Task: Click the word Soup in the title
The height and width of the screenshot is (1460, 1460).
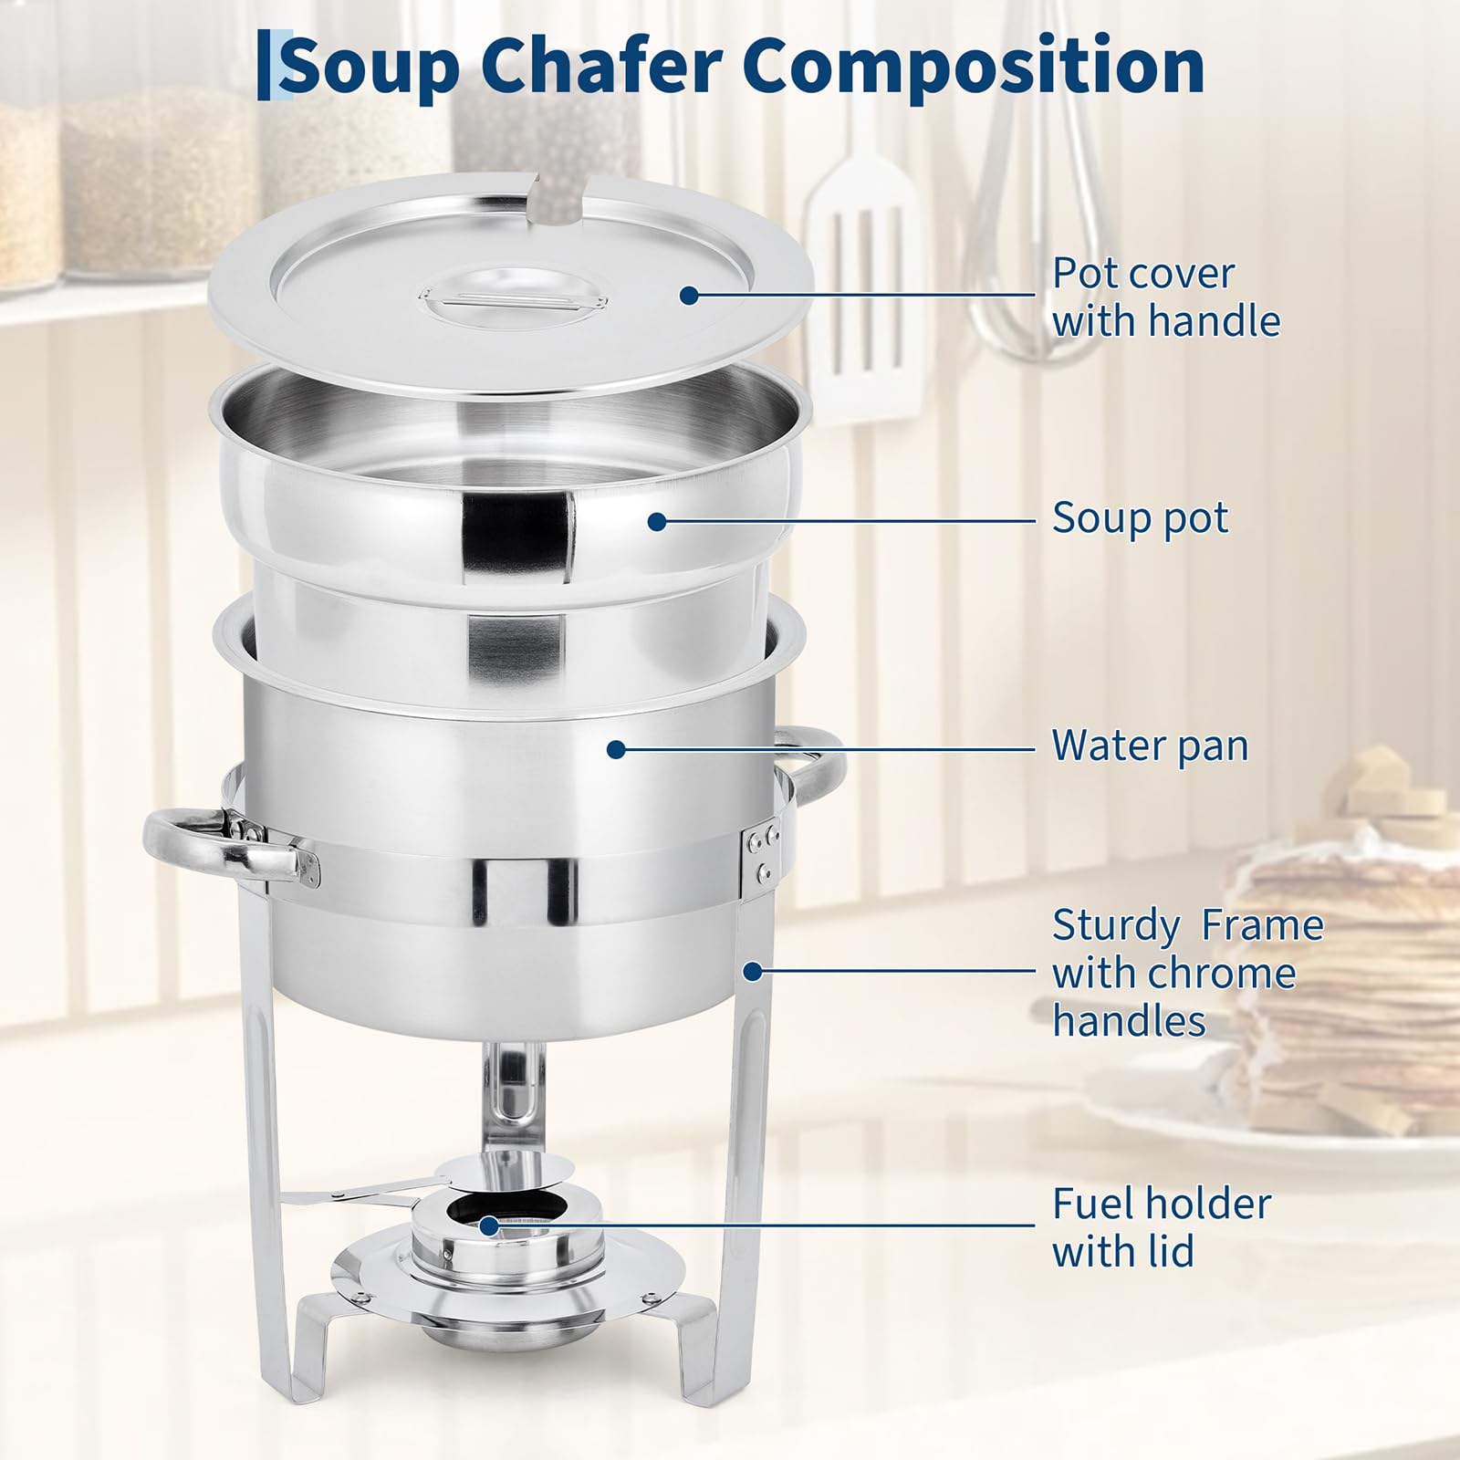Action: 370,66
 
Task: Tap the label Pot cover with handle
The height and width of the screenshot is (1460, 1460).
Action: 1166,297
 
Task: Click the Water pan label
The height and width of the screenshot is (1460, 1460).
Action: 1150,745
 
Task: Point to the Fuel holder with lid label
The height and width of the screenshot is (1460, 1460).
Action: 1161,1226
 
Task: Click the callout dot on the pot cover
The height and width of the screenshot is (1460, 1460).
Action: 689,295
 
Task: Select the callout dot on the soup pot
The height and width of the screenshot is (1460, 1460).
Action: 657,522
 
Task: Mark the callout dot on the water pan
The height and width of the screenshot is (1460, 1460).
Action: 616,749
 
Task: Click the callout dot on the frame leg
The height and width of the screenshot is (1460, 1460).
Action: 752,972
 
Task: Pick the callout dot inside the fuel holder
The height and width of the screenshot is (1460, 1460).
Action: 489,1225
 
